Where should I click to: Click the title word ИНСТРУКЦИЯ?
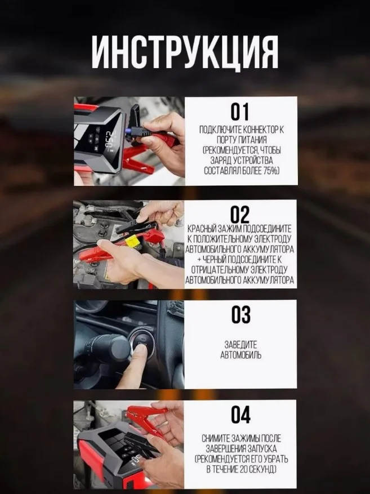point(185,52)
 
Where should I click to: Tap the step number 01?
point(240,112)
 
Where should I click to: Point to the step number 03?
point(241,314)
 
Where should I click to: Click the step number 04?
point(241,414)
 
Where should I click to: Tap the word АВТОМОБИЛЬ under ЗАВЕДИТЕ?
point(241,355)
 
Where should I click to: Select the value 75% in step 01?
point(272,171)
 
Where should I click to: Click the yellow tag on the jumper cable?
point(132,242)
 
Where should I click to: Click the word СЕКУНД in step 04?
point(262,469)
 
